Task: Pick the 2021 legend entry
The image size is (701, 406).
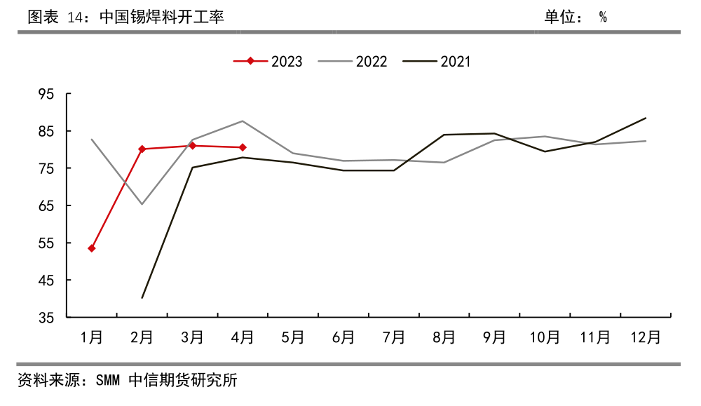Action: click(437, 62)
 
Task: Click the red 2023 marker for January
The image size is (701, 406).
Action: click(92, 248)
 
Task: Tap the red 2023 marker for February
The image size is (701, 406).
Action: click(142, 149)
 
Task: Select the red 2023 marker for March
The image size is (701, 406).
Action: click(192, 146)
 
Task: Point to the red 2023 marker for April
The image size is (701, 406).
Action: click(243, 147)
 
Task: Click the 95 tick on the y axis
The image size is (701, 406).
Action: click(48, 94)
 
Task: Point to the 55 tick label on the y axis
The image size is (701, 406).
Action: click(48, 243)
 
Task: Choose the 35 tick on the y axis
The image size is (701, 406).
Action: click(48, 318)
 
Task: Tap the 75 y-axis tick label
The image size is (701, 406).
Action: click(48, 168)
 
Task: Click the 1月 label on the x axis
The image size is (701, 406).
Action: click(92, 338)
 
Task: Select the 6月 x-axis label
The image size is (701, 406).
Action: click(343, 338)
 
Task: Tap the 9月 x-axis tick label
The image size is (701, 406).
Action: click(494, 338)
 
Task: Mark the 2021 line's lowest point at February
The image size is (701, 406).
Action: click(142, 298)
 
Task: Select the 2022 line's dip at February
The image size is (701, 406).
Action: click(142, 204)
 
